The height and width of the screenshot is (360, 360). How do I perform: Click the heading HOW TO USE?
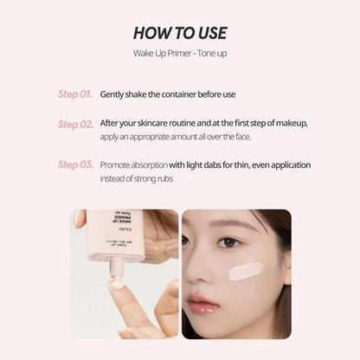(180, 34)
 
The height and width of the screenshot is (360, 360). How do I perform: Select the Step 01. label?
(75, 93)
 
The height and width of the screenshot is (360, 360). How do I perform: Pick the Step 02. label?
(75, 124)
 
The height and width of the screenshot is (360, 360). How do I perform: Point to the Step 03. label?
(75, 164)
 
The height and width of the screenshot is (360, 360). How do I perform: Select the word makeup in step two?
(290, 122)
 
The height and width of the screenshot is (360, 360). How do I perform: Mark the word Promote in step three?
(119, 164)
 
